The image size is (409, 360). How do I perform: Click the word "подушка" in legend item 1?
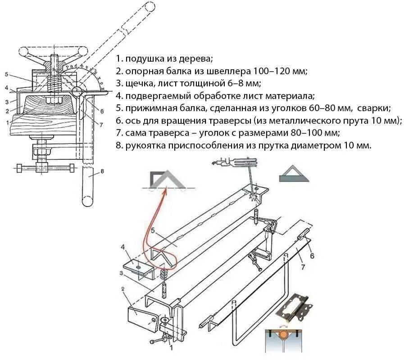click(142, 59)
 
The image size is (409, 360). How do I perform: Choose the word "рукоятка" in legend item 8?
click(143, 146)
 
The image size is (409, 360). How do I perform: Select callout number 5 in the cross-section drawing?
click(7, 74)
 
